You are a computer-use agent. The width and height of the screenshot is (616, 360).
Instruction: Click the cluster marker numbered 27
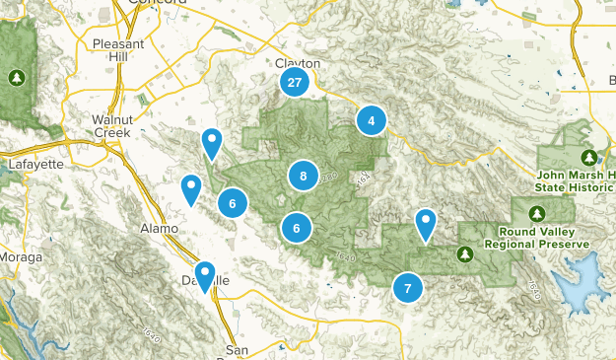294,83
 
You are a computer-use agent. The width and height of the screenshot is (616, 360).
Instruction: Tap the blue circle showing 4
371,120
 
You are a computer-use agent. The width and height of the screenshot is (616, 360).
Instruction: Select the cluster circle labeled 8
304,177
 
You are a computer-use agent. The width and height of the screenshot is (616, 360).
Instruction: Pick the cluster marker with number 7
407,289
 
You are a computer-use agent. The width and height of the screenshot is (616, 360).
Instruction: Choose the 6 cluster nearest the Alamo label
233,204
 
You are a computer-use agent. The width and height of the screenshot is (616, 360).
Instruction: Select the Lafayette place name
34,164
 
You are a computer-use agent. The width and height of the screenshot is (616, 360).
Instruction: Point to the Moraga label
21,257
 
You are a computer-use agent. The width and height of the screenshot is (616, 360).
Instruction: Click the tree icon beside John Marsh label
589,157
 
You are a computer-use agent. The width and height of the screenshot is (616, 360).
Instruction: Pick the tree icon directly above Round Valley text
537,213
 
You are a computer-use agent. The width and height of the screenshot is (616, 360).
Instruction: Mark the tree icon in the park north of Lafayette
16,76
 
